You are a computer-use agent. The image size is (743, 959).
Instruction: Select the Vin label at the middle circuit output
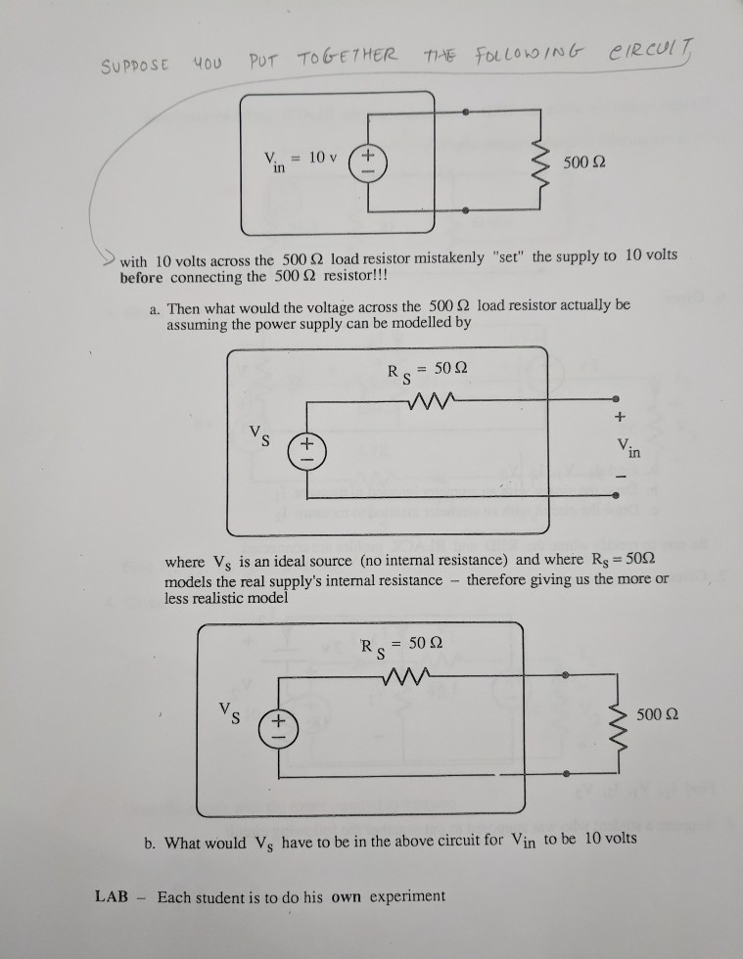click(622, 448)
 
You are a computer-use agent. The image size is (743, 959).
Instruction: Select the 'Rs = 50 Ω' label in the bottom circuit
click(402, 646)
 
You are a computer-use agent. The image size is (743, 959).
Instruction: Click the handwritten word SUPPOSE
click(134, 68)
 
